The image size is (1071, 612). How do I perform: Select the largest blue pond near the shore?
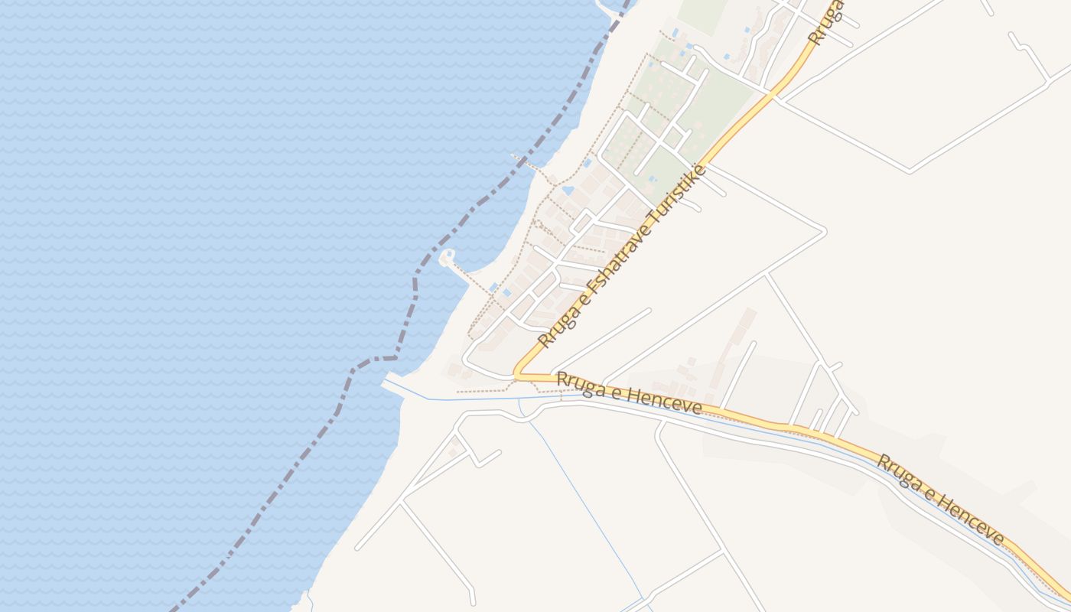coord(568,189)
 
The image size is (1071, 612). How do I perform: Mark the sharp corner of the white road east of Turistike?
coord(824,230)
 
